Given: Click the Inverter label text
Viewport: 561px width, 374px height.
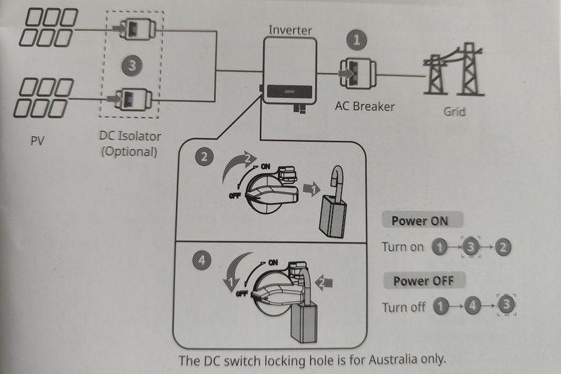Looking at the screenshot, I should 290,30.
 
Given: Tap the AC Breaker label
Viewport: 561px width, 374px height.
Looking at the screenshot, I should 364,107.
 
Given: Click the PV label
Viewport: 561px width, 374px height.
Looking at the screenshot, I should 38,140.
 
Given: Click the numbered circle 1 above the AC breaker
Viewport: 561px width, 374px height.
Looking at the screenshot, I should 358,41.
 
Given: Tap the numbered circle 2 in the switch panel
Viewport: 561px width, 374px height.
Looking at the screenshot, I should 204,158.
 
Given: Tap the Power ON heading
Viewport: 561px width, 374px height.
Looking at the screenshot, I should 419,220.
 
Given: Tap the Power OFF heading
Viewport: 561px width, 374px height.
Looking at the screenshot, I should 423,281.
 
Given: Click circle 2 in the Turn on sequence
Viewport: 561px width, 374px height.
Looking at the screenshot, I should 503,247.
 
